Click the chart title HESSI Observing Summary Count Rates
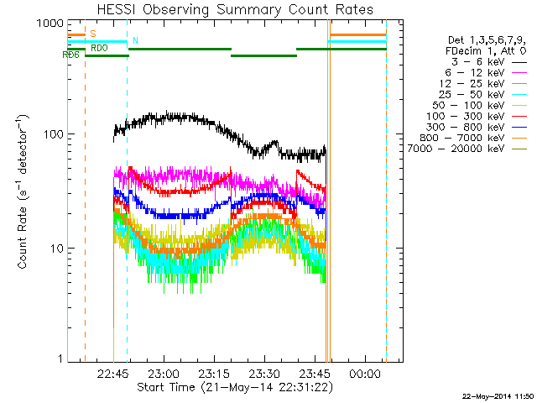(235, 10)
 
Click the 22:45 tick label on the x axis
(112, 373)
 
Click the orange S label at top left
(93, 34)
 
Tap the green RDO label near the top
(98, 49)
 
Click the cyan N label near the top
(135, 41)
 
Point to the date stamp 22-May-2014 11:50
(498, 395)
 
